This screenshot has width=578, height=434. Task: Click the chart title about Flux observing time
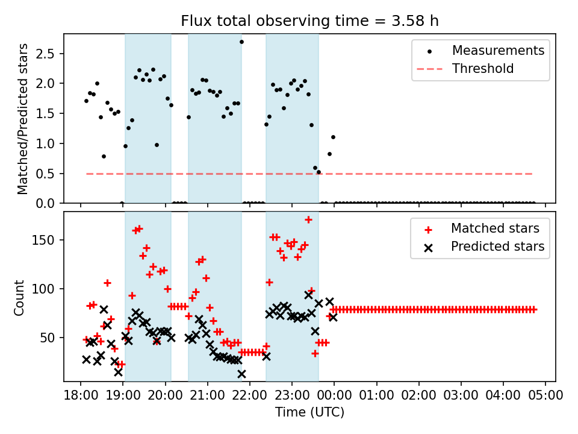pyautogui.click(x=309, y=21)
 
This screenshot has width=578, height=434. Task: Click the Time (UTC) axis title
pyautogui.click(x=309, y=412)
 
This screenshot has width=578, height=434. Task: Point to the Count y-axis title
pyautogui.click(x=20, y=297)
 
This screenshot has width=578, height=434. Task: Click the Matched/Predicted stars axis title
pyautogui.click(x=23, y=119)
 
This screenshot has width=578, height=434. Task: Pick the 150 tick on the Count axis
pyautogui.click(x=48, y=241)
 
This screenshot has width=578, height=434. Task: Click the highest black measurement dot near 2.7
pyautogui.click(x=241, y=42)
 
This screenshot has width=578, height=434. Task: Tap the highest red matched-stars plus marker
pyautogui.click(x=308, y=220)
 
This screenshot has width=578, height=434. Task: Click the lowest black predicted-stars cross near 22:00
pyautogui.click(x=241, y=374)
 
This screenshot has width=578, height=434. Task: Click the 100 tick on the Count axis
pyautogui.click(x=48, y=289)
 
